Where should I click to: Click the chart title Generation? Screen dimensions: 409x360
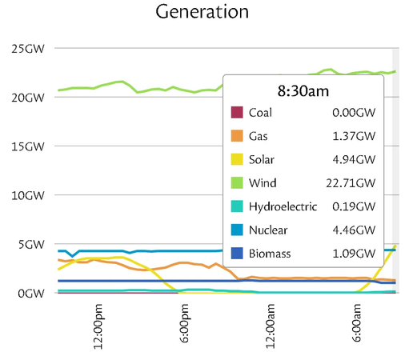202,12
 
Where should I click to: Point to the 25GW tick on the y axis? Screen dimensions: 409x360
28,49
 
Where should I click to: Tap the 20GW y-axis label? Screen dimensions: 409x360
28,98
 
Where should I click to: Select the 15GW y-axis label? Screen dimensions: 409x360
28,146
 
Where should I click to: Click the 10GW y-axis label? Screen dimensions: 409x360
28,195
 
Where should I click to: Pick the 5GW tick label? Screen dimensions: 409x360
31,245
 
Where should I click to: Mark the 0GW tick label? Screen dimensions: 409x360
31,294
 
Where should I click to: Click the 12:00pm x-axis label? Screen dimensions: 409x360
98,326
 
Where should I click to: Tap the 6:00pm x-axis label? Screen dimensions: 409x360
184,323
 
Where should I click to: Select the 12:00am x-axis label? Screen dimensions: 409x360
271,326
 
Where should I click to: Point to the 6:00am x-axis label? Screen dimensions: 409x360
356,323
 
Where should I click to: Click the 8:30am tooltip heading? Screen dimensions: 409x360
303,91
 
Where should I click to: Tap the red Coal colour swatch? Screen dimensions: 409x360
237,112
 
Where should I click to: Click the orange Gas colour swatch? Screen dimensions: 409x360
237,136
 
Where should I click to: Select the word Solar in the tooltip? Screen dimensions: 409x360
262,159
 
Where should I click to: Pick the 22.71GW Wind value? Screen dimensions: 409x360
351,183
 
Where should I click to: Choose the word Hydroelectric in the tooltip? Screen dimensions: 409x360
283,206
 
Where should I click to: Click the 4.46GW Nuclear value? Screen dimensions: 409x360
354,230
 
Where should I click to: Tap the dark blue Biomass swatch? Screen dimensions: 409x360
237,253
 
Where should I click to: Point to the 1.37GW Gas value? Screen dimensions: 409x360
354,136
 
